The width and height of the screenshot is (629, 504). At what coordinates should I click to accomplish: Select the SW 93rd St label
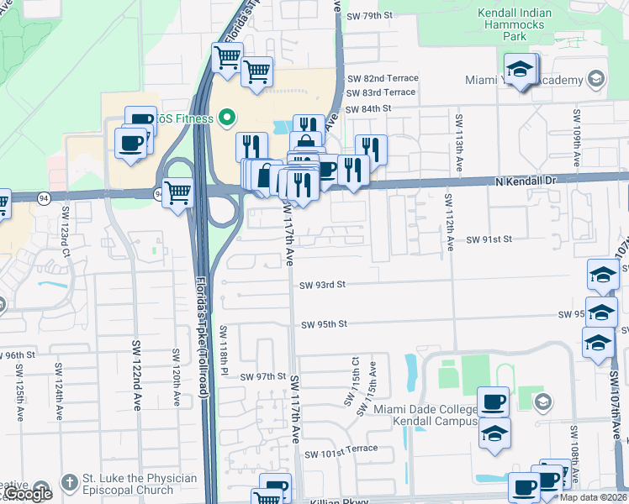[323, 285]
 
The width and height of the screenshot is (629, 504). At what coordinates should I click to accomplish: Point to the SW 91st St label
[489, 239]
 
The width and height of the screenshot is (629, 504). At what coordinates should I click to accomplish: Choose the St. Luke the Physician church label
[139, 485]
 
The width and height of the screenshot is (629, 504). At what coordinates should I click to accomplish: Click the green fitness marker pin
[225, 118]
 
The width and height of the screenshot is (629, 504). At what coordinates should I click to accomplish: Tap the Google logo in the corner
[26, 494]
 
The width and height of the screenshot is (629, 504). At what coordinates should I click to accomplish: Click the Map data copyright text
[592, 497]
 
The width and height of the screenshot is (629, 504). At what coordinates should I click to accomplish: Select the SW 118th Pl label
[225, 349]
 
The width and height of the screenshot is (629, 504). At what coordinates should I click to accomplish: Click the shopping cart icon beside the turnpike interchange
[177, 193]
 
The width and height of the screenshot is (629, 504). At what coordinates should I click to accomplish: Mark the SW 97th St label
[263, 377]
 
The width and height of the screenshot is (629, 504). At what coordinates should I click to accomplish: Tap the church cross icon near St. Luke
[69, 485]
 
